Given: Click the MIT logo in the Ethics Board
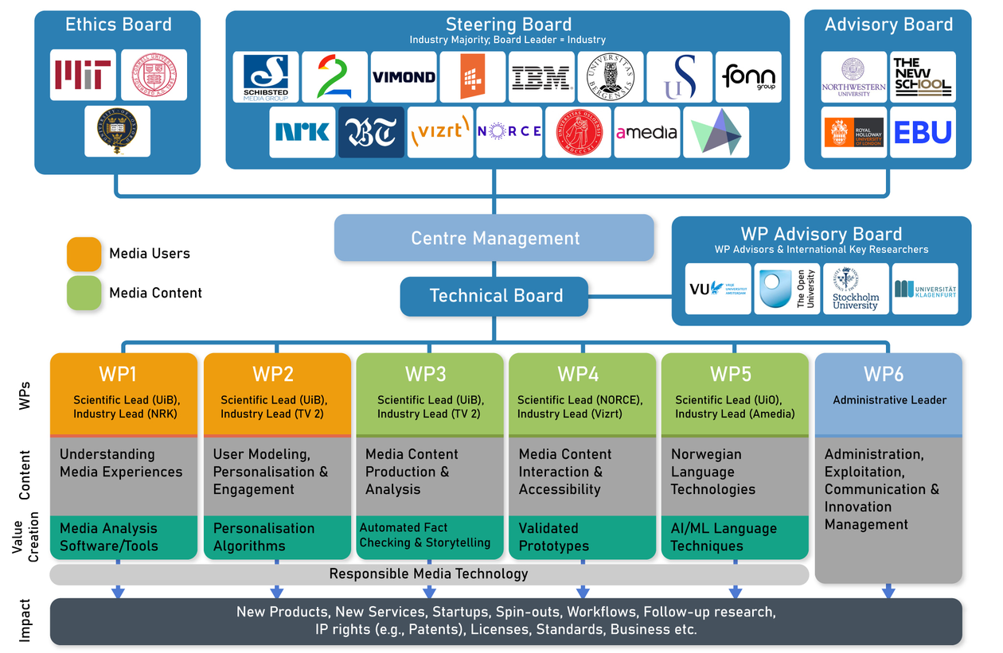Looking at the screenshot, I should (83, 75).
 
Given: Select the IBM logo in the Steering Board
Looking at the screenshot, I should (541, 77).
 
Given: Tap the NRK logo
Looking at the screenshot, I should (302, 132).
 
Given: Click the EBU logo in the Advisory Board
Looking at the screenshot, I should (923, 132).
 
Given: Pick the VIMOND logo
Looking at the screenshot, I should (404, 77).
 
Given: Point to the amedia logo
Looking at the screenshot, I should (646, 132).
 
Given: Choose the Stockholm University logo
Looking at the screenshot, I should (856, 289).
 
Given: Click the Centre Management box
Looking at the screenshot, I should (494, 238).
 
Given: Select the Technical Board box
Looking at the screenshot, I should (494, 296).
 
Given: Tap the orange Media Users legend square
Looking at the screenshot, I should (84, 254).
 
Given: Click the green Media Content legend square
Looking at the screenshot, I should (84, 293).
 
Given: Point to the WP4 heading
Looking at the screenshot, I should (579, 374).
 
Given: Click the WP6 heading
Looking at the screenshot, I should (888, 374).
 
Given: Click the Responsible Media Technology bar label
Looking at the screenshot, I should (428, 573).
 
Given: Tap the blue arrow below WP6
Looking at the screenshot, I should (888, 591).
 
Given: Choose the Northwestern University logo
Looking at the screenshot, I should (853, 77).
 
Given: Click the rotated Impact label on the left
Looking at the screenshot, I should (25, 620).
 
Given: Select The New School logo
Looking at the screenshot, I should (923, 77).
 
